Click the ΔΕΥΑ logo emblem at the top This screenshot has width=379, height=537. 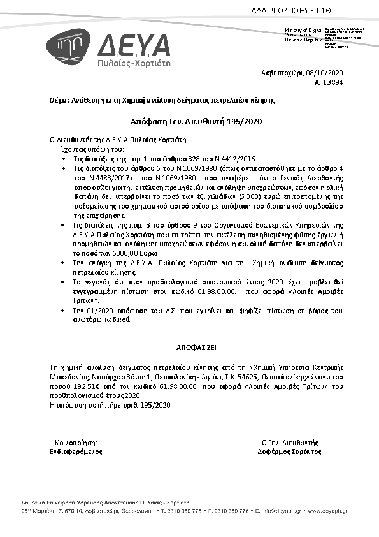click(71, 48)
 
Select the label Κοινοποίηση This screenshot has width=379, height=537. click(76, 442)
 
